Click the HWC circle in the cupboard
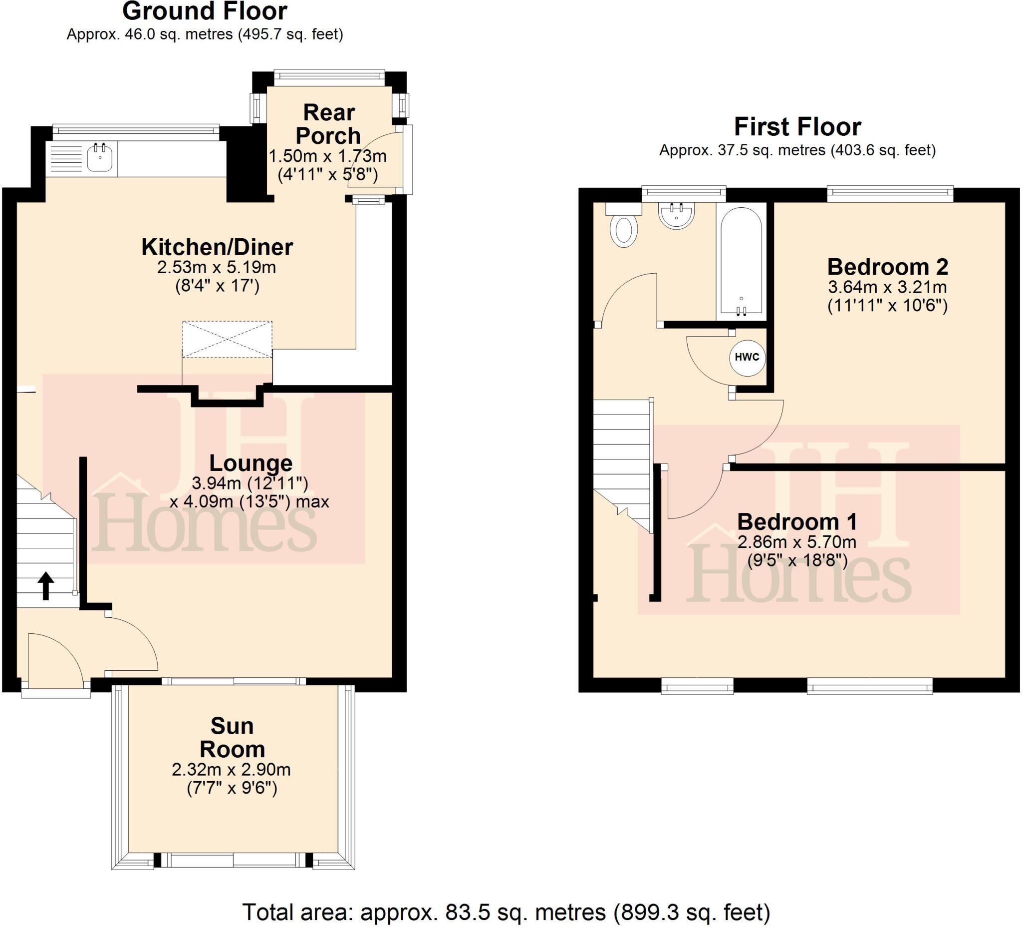coord(747,357)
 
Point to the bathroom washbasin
coord(676,215)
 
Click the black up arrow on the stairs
coord(45,585)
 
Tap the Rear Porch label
coord(328,124)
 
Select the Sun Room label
coord(232,738)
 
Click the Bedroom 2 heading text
coord(887,267)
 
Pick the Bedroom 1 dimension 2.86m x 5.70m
coord(796,542)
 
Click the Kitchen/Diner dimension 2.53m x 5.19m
coord(217,267)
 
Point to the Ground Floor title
coord(205,11)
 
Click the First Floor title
coord(797,127)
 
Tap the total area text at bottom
coord(506,912)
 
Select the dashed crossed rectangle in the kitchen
coord(227,340)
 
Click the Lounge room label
coord(251,463)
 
